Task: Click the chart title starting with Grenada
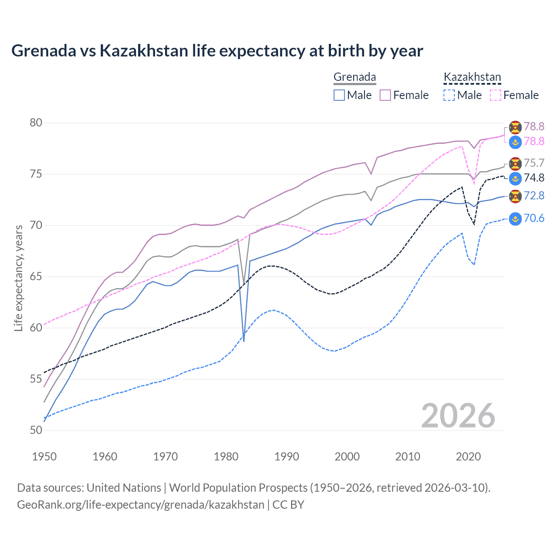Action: (x=217, y=51)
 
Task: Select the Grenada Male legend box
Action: (x=339, y=95)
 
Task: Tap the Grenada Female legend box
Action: (x=385, y=95)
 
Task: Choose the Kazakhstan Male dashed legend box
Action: (x=449, y=95)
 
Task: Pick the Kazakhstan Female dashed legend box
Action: (x=496, y=95)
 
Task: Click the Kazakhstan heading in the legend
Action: (x=472, y=77)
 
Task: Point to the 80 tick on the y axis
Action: (x=36, y=123)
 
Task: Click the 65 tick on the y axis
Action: (x=36, y=277)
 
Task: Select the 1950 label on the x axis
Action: (x=44, y=457)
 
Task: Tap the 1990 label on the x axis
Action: (x=287, y=457)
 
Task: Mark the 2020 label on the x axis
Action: (x=468, y=457)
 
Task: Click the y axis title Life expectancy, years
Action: (x=18, y=278)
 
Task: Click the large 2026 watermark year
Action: (x=458, y=416)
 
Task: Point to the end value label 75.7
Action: (x=534, y=163)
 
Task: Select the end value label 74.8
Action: (x=534, y=178)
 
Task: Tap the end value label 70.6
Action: (x=534, y=218)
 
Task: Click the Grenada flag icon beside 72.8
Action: (x=515, y=196)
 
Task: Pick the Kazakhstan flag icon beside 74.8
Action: (x=515, y=178)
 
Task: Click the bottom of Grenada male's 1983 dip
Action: (x=244, y=341)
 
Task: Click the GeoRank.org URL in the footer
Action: (x=140, y=505)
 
